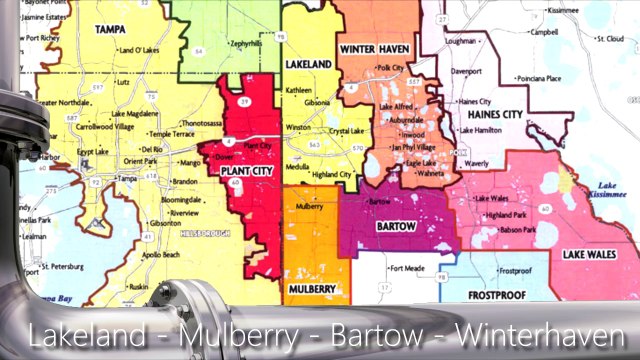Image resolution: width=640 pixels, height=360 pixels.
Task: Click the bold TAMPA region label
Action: [109, 30]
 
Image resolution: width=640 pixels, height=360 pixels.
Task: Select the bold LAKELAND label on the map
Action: [308, 63]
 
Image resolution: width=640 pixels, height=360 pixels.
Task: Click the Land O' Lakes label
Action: [139, 49]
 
